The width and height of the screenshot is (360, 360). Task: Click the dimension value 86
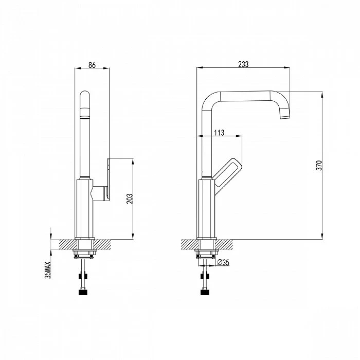pos(92,65)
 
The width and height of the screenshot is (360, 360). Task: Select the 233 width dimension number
pos(243,64)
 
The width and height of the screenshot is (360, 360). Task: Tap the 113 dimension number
pos(219,133)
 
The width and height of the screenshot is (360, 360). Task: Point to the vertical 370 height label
pos(319,165)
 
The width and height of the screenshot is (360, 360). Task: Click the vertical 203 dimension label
pos(130,199)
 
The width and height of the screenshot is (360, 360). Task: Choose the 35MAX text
pos(48,270)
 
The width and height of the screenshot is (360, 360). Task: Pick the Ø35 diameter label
pos(223,262)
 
